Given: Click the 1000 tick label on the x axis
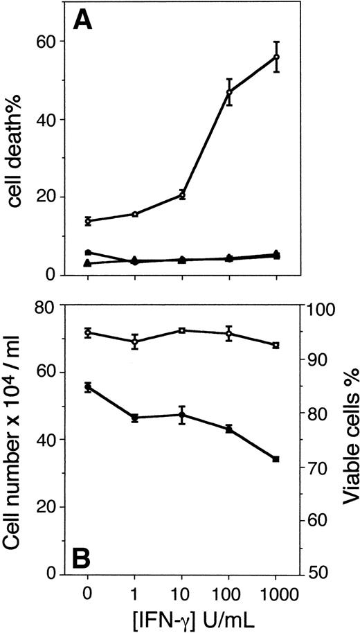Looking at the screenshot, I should coord(276,593).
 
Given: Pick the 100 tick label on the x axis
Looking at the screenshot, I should coord(229,593).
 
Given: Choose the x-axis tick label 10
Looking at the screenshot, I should coord(182,593).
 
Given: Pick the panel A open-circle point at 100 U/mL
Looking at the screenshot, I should coord(229,91).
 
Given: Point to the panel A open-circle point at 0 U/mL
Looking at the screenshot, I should coord(88,221).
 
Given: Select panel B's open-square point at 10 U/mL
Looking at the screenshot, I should coord(182,330).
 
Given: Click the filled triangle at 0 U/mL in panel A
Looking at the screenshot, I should coord(88,263).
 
